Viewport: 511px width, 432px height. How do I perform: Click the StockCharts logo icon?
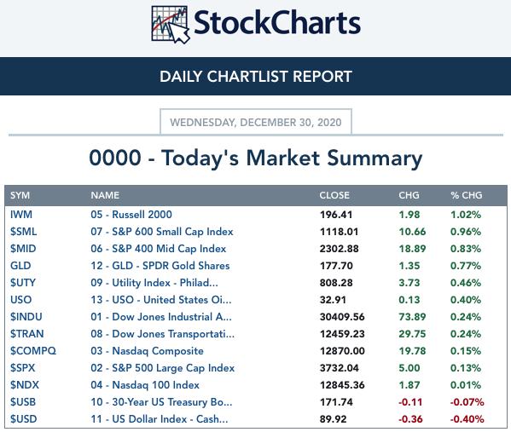point(171,25)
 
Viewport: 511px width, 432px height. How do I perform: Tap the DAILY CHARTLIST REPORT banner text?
point(256,77)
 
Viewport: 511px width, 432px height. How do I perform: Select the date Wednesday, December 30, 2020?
point(256,123)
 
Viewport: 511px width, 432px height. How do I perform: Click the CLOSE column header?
point(334,195)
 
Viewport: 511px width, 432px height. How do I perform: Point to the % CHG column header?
point(467,195)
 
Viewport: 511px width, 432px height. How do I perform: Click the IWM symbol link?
point(21,215)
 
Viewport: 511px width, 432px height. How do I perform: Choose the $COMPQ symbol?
point(33,351)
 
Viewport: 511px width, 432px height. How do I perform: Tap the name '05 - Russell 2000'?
point(131,215)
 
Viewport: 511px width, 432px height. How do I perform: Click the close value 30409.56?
point(342,317)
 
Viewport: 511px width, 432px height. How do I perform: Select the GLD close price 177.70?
point(336,266)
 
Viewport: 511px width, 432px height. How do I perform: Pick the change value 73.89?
point(412,317)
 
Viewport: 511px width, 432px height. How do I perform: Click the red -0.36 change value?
point(410,419)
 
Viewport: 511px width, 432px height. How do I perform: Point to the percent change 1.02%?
point(466,215)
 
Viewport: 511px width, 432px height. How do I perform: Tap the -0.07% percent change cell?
point(467,402)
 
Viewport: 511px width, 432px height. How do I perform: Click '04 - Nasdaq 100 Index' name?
point(145,385)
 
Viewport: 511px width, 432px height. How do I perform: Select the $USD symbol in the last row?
point(24,419)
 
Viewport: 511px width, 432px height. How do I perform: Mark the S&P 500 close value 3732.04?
point(340,368)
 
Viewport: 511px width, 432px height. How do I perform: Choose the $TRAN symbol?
point(27,334)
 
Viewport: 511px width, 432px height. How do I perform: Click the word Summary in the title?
point(375,158)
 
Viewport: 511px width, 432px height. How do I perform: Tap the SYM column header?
point(20,195)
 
